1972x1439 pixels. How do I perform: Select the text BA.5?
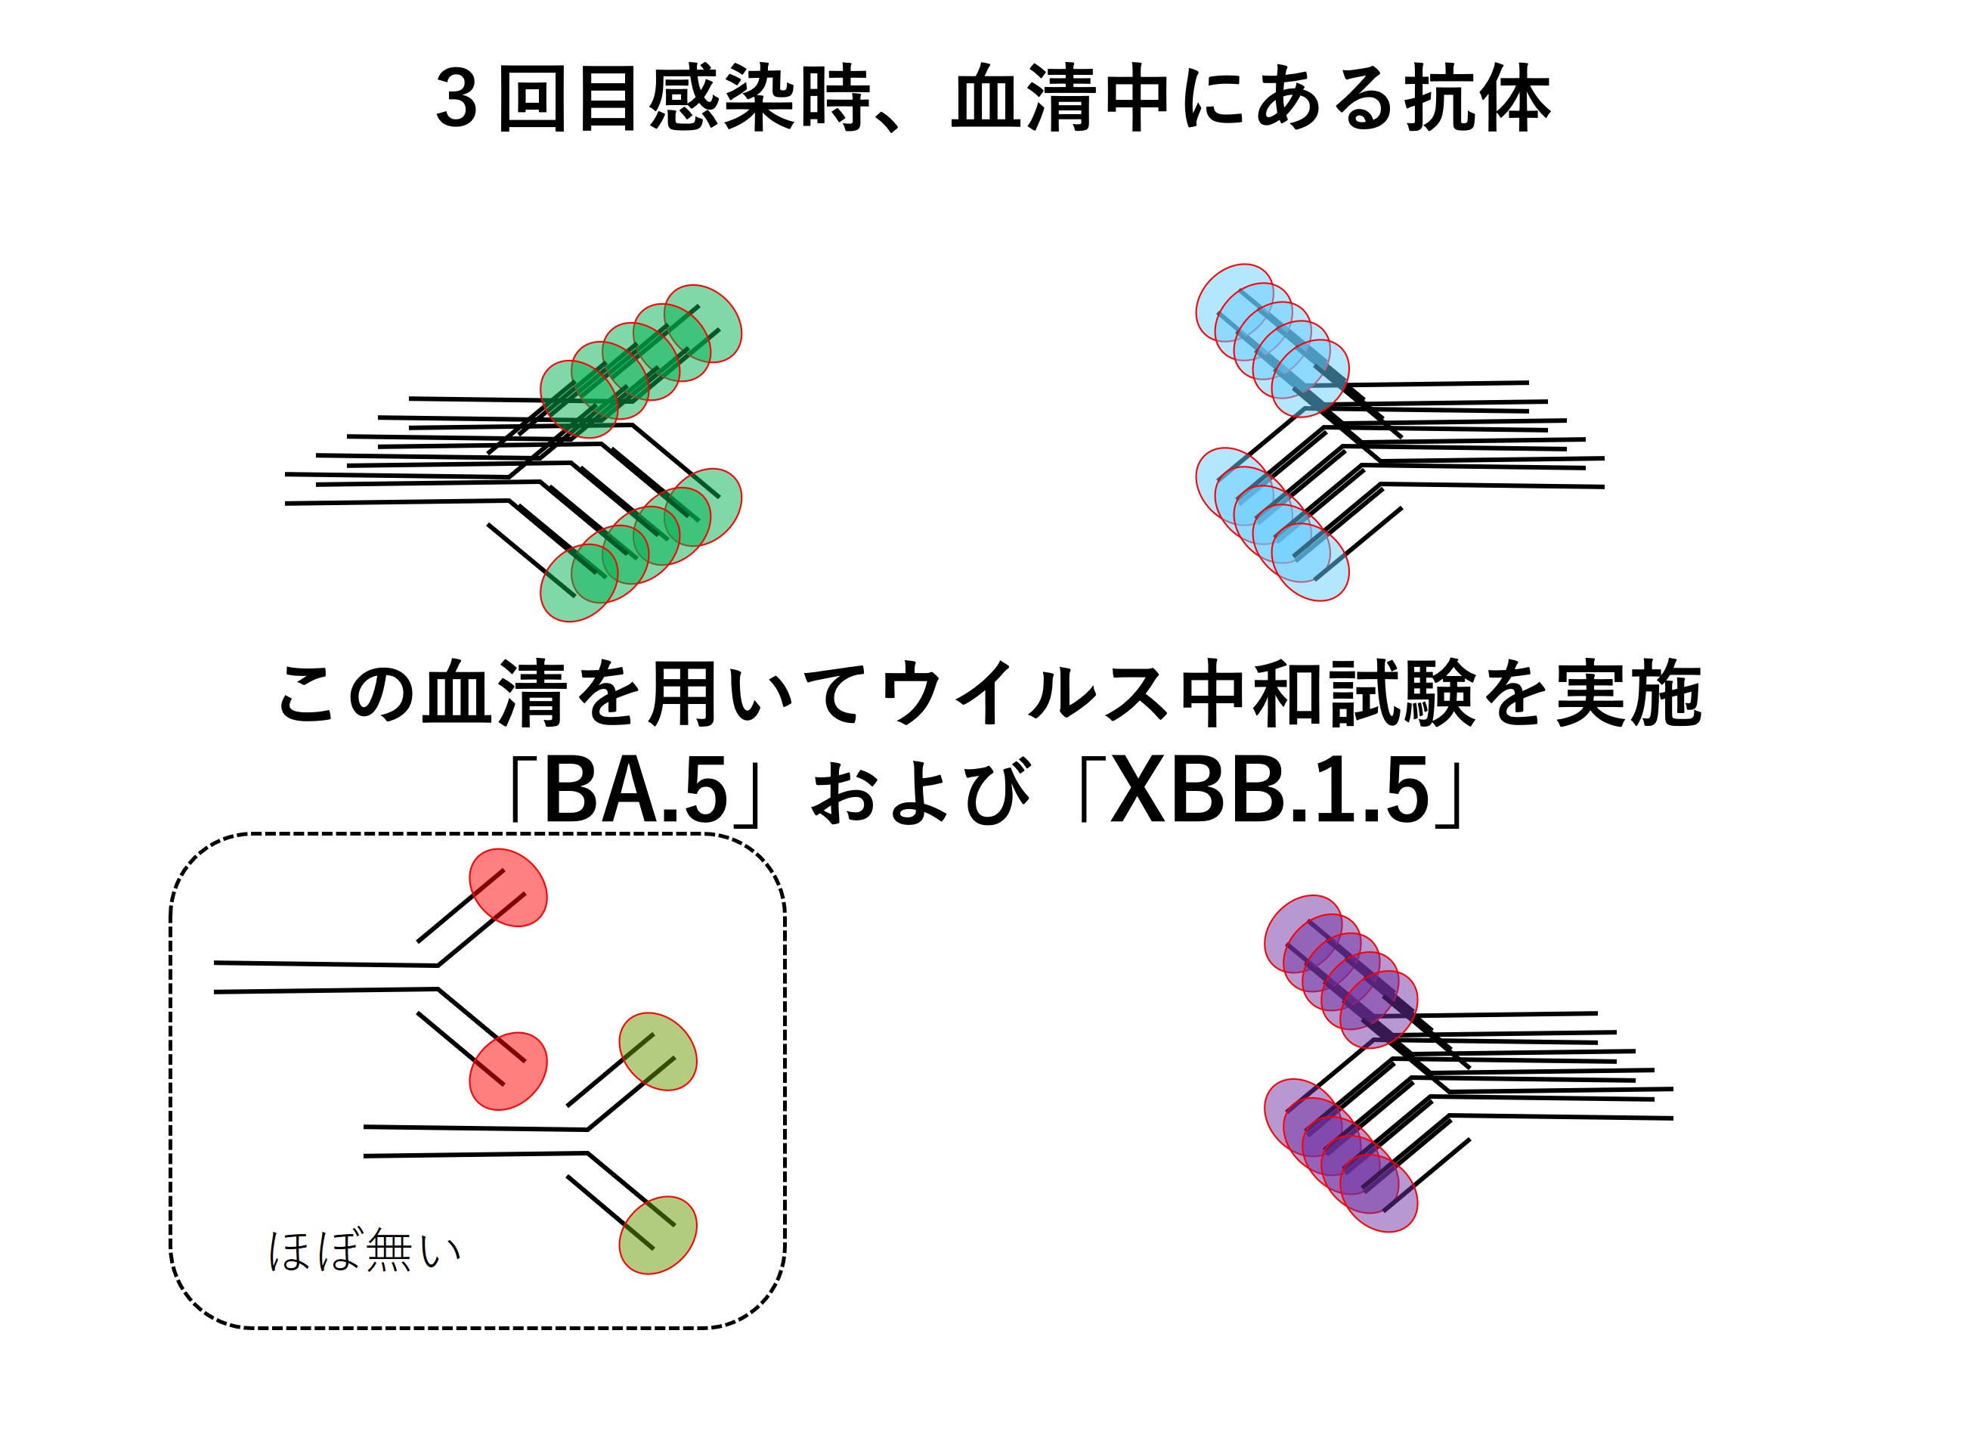click(x=635, y=792)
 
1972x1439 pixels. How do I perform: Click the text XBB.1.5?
click(x=1271, y=792)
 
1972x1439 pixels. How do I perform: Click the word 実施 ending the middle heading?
click(x=1627, y=694)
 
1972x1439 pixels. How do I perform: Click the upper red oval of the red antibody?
click(x=509, y=888)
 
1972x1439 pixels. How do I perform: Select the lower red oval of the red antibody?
click(x=509, y=1071)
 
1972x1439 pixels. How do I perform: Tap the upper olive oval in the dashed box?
click(x=658, y=1051)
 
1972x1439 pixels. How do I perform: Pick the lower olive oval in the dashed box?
click(x=658, y=1235)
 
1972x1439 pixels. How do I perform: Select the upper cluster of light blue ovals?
click(x=1271, y=340)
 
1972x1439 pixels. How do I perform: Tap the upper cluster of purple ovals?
click(x=1340, y=971)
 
